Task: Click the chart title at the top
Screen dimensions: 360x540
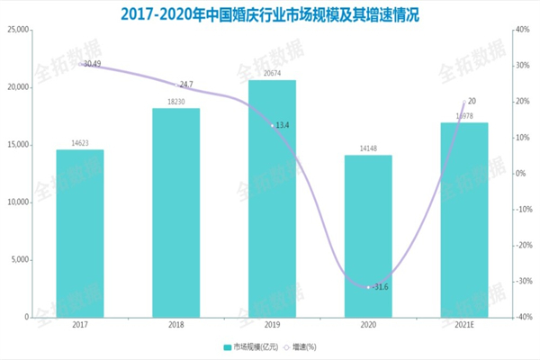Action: (270, 14)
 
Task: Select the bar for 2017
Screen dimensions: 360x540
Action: (80, 233)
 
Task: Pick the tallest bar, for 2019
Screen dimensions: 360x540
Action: (272, 198)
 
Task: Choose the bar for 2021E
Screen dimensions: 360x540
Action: (464, 220)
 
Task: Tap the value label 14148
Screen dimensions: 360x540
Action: (368, 148)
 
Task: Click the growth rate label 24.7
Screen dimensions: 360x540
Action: (186, 85)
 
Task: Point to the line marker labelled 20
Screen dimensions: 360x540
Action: (464, 103)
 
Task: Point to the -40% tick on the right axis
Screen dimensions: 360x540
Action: (522, 318)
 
